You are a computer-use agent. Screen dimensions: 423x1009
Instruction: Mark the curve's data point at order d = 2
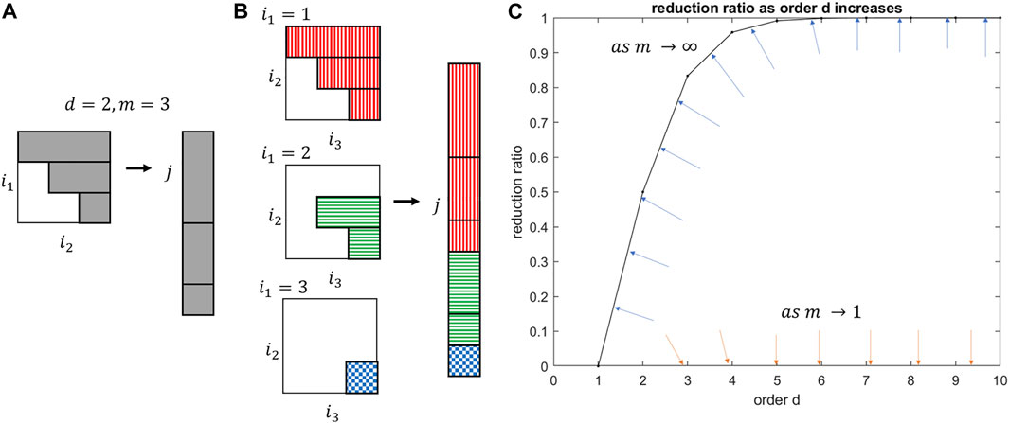pyautogui.click(x=642, y=192)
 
